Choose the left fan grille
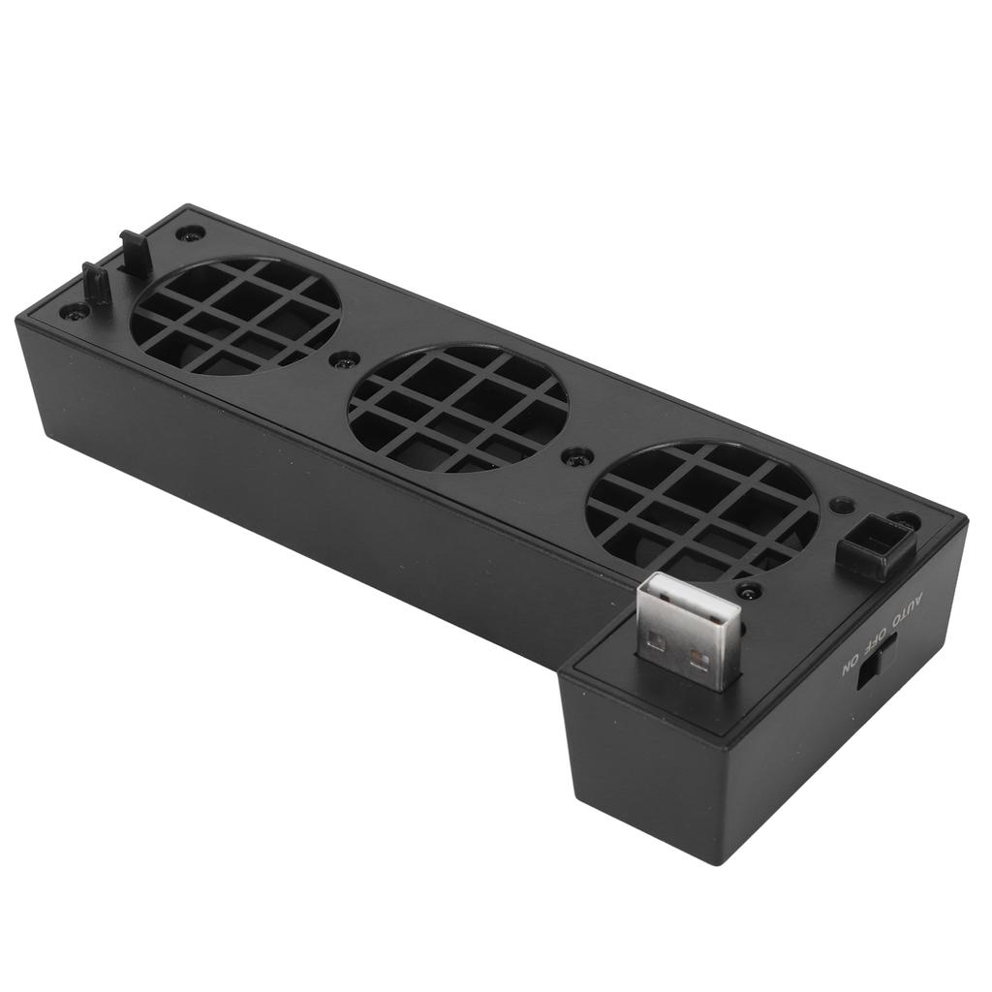coord(235,315)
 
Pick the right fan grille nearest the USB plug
coord(702,510)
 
